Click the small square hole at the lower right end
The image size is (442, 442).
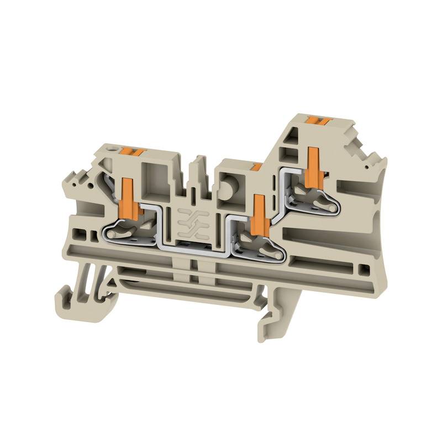click(x=362, y=270)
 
